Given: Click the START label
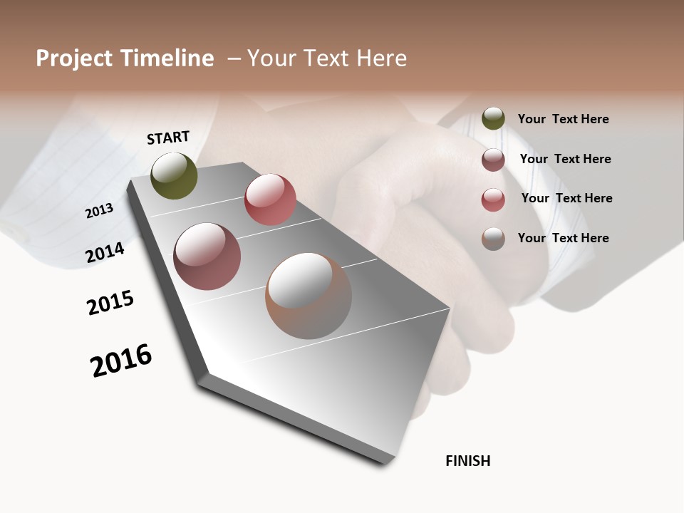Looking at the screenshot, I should coord(168,138).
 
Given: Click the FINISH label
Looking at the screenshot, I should coord(467,461).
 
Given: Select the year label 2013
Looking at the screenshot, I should coord(99,210).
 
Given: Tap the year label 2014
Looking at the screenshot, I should coord(105,252).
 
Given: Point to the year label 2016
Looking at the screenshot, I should coord(121,361).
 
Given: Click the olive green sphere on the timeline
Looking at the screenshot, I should coord(174,175).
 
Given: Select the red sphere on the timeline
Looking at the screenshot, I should coord(270,199).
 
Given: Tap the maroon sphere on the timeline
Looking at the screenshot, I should coord(207,256).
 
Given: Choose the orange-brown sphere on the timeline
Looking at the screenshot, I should coord(309,296).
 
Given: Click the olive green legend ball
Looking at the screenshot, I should coord(493,118).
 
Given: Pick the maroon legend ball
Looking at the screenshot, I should coord(493,160).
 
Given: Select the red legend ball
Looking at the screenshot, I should coord(493,199).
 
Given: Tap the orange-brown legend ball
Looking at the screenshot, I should coord(493,239).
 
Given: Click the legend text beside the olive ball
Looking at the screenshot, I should coord(563,119).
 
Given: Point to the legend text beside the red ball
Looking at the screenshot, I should coord(566,198).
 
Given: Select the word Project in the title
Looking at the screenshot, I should coord(74,58).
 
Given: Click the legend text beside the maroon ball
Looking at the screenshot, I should coord(565,159).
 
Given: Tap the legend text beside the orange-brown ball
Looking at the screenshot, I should coord(563,238).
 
